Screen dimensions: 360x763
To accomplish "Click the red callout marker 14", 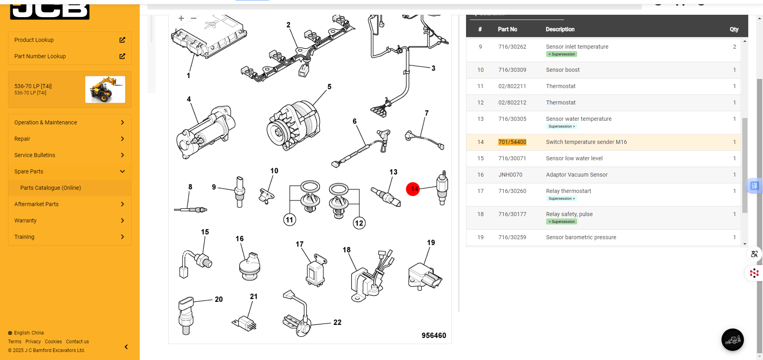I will click(x=413, y=189).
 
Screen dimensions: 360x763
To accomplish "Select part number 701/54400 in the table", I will click(x=512, y=142).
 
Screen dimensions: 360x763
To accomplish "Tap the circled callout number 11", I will click(x=289, y=220).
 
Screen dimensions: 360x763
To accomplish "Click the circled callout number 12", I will click(x=359, y=223).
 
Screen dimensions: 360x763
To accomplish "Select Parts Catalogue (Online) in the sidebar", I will click(x=51, y=188).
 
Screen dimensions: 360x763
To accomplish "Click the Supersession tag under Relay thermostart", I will click(x=561, y=199).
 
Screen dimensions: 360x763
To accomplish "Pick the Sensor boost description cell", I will click(x=562, y=70).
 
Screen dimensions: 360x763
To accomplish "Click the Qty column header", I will click(x=734, y=30).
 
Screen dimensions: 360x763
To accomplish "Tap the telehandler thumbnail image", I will click(x=105, y=89).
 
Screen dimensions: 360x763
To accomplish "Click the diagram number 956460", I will click(x=434, y=336).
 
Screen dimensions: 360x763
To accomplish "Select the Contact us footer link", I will click(x=77, y=342).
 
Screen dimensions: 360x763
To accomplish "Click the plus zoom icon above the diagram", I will click(x=181, y=18).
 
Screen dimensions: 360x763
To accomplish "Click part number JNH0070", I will click(x=510, y=175).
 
